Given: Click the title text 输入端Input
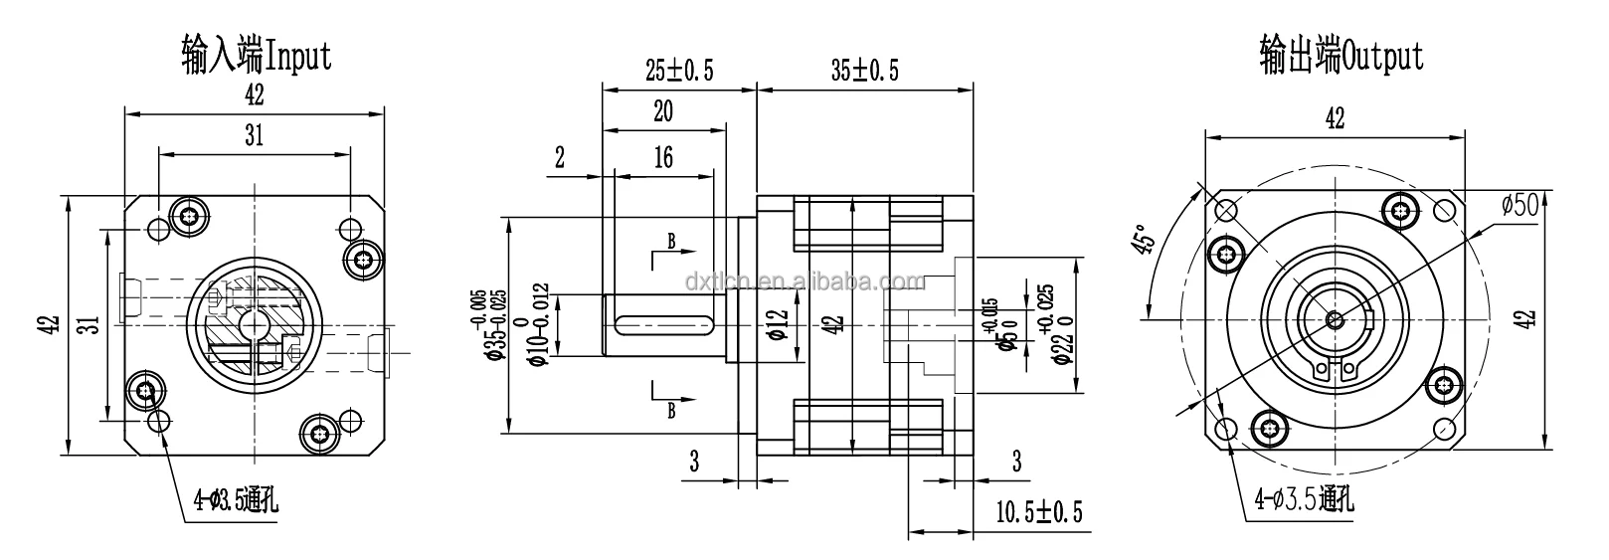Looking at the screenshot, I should coord(256,56).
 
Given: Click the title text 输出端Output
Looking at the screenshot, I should coord(1341,56).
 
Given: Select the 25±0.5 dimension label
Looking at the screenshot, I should coord(679,71).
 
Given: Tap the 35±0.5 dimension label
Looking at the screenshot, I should coord(864,71).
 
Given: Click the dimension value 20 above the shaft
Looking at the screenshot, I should coord(663,111).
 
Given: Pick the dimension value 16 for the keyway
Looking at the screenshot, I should coord(663,156).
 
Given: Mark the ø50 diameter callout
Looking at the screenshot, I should coord(1520,204).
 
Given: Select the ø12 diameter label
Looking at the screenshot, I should coord(778,322).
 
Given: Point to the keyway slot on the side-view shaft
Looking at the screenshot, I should coord(665,322).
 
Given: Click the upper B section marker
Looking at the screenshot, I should coord(671,242).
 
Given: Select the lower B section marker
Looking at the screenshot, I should coord(671,409).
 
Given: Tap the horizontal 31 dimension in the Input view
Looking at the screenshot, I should coord(255,136).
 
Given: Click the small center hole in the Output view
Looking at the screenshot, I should coord(1334,320).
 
